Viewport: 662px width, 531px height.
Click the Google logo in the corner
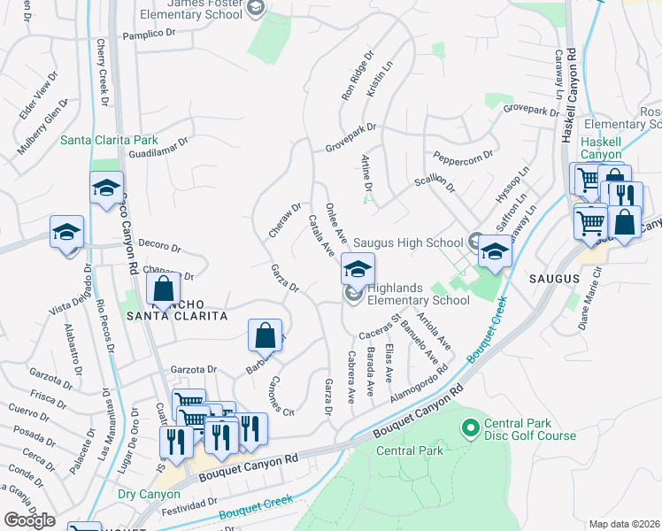click(29, 519)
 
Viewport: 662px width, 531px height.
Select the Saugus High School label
click(408, 242)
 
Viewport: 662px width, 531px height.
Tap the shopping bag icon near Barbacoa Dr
click(265, 335)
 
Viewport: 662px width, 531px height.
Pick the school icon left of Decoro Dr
click(66, 232)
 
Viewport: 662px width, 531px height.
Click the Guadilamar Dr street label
click(158, 148)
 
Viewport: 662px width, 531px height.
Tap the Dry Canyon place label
click(143, 496)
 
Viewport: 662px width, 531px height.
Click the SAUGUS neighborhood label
click(554, 278)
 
